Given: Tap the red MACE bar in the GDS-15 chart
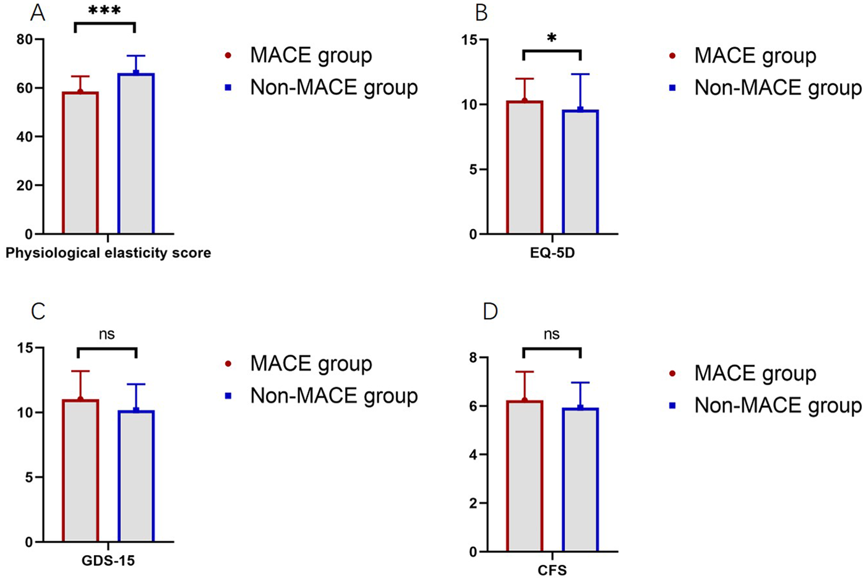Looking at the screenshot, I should point(80,471).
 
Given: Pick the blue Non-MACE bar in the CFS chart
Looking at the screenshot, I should point(580,480).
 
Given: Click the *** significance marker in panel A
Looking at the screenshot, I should point(105,11).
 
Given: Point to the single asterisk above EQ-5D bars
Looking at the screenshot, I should point(552,39).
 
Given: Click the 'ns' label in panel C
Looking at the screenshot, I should point(106,335).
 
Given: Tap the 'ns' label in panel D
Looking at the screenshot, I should point(551,335).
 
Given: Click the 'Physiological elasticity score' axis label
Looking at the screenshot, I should point(108,253).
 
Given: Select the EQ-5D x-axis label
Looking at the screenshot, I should point(552,253).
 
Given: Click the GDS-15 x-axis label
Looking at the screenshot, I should point(108,561).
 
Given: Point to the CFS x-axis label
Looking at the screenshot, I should point(552,570).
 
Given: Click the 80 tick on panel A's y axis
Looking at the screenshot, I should point(25,40).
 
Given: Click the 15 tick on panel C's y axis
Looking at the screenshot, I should point(25,348).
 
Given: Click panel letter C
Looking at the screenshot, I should point(38,311).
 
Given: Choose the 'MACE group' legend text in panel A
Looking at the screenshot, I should point(311,56).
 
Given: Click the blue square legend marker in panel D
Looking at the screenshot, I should point(672,406).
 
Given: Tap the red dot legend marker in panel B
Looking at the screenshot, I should point(672,56).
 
